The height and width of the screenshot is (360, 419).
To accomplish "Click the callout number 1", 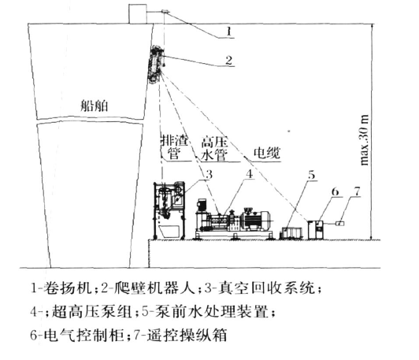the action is coord(228,32).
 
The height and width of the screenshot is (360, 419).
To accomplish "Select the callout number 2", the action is coord(228,61).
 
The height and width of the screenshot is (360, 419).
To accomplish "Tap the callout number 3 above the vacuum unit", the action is coord(209,175).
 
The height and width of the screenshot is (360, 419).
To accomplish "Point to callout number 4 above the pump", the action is coord(250,174).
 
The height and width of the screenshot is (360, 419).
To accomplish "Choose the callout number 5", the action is coord(312,175).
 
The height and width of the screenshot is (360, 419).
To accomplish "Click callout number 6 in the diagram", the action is coord(335,192).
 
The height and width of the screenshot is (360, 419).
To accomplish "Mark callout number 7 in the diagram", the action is coord(357,191).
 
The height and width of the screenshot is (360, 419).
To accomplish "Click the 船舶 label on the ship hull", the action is coord(95,106).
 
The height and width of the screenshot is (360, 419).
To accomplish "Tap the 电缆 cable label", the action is coord(267,153).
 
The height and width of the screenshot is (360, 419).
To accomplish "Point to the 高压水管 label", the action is coord(214,149).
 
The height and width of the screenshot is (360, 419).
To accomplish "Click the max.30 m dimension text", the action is coord(365,140).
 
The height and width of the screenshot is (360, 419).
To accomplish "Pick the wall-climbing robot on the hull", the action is coord(155,65).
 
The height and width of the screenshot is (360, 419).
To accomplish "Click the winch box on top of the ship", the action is coord(138,14).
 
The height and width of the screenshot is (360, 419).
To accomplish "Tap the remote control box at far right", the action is coord(339,223).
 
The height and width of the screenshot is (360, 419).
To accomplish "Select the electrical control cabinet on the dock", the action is coord(316,230).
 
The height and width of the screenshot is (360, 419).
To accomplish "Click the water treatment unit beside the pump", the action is coord(291,233).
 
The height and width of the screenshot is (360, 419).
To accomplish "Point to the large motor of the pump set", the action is coord(256,220).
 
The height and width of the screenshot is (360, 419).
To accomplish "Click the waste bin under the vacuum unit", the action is coord(169,232).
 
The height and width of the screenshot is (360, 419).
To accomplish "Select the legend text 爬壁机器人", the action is coord(153,288).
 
